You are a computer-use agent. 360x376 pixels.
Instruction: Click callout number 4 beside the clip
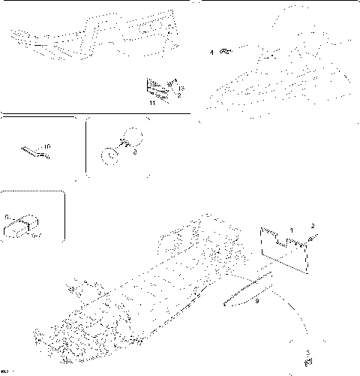pos(212,52)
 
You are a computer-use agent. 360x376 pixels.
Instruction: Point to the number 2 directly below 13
pos(179,96)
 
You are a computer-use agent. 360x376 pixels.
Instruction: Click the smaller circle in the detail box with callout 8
pos(109,155)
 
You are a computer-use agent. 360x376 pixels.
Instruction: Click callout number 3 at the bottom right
pos(307,352)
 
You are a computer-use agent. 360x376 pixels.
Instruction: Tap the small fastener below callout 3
pos(307,361)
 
